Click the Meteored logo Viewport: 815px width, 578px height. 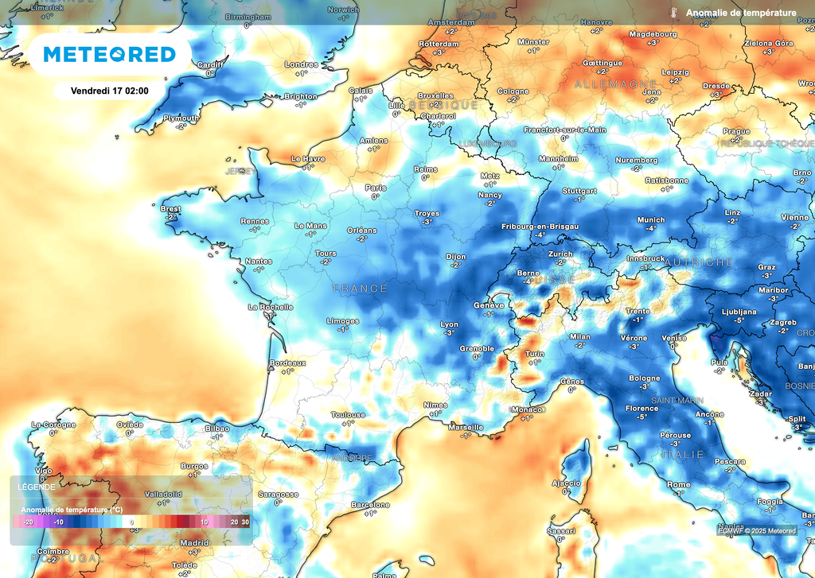[x=109, y=54]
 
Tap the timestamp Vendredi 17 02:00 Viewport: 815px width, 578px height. [x=110, y=91]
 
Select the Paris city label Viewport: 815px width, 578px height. [x=375, y=188]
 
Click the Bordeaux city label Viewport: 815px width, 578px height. [x=288, y=363]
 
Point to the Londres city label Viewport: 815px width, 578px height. [x=301, y=64]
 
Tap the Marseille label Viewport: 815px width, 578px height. [x=466, y=427]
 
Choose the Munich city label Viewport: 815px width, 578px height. [x=650, y=219]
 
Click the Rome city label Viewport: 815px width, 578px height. [x=678, y=484]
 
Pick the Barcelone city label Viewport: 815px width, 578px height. [x=370, y=505]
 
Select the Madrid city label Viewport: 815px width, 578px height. [x=194, y=543]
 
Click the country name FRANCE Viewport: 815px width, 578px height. [x=361, y=289]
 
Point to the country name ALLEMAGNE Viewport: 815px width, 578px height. [x=615, y=83]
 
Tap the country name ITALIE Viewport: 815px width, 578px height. [x=681, y=454]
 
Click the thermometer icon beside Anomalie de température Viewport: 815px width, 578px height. [x=673, y=13]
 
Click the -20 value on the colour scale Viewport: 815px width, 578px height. [x=27, y=522]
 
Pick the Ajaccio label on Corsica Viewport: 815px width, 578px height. [x=566, y=483]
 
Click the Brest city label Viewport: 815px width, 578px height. [x=170, y=209]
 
